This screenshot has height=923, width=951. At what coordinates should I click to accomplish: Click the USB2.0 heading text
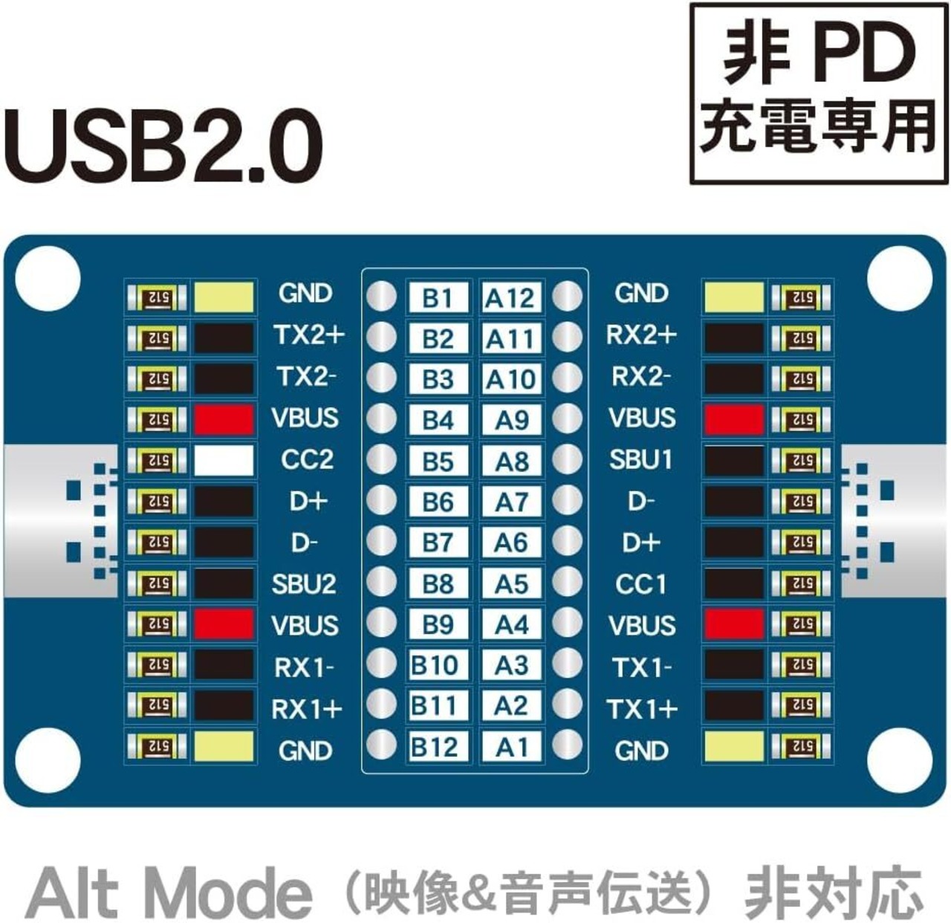coord(163,146)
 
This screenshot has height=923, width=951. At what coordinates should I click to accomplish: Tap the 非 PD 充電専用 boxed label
coord(819,93)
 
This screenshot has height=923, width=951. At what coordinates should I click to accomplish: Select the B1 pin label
coord(438,297)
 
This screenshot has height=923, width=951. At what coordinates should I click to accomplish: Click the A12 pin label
coord(510,297)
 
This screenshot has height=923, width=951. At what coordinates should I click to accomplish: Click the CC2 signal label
coord(307,459)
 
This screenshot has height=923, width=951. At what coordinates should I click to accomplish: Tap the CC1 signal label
coord(640,583)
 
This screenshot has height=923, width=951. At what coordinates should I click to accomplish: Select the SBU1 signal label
coord(640,459)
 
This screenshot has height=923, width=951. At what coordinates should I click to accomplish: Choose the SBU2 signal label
coord(304,583)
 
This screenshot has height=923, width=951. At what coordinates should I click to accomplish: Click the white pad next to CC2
coord(224,460)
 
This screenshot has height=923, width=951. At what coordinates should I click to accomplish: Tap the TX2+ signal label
coord(310,335)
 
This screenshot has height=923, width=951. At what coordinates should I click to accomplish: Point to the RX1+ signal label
coord(307,709)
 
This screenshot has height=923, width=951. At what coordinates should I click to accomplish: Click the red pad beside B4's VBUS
coord(224,419)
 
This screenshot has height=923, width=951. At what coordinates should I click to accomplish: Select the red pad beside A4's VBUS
coord(733,624)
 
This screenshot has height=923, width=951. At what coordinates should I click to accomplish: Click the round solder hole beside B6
coord(381,500)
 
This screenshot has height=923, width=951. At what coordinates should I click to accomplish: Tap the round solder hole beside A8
coord(567,459)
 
